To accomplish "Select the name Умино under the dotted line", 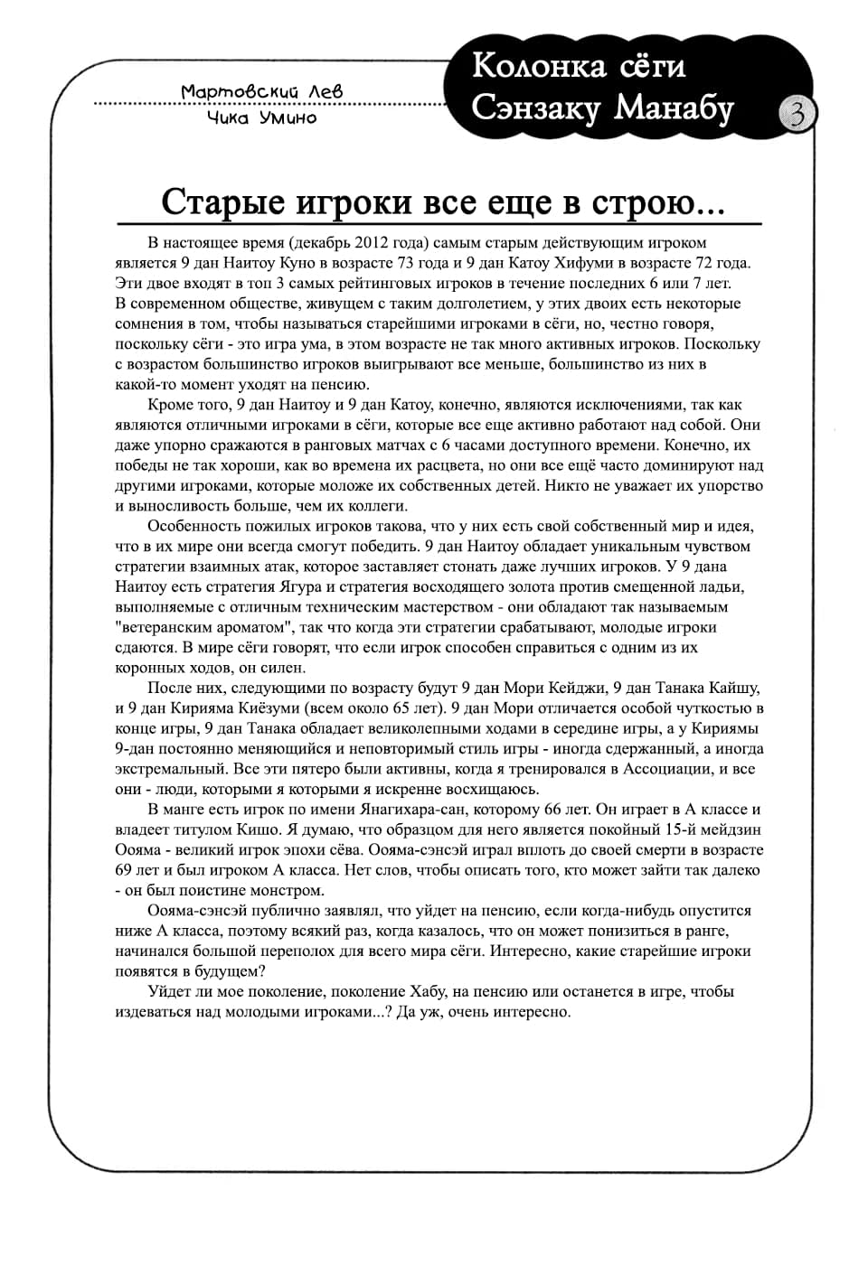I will point(288,117).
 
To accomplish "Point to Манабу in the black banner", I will point(675,108).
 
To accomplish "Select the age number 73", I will point(434,263).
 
